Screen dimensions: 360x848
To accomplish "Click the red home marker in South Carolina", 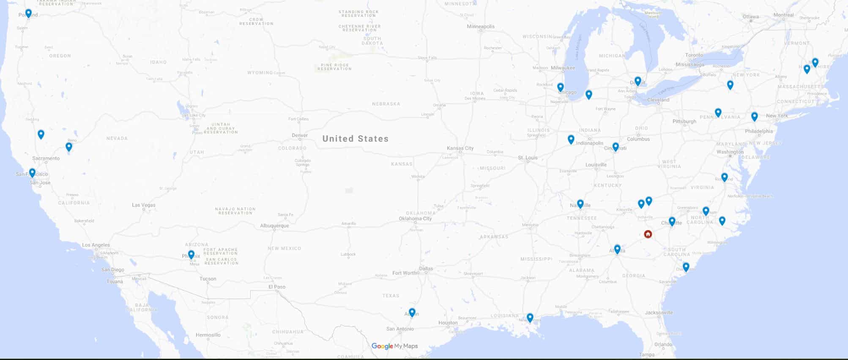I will (648, 234).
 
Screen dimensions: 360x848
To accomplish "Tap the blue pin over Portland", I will (28, 14).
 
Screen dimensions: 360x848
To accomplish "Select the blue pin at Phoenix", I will (191, 254).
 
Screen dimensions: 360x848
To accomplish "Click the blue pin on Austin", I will (412, 312).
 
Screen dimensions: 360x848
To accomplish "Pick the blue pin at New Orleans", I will (530, 317).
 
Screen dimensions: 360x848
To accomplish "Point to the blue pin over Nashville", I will (580, 204).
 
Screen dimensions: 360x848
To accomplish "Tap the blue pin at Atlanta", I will (617, 249).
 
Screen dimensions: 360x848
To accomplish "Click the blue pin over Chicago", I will (561, 87).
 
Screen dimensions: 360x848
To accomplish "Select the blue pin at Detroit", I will (638, 81).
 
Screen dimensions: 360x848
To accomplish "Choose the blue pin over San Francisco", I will (32, 172).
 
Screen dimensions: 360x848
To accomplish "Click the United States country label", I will (355, 139).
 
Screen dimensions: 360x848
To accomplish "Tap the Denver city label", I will (300, 136).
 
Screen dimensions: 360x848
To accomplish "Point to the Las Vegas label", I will (144, 205).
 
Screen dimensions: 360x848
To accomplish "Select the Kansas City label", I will (460, 148).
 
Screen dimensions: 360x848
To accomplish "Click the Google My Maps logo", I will (394, 346).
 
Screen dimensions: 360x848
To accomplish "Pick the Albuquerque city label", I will (274, 226).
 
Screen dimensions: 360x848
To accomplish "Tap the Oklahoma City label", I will (416, 218).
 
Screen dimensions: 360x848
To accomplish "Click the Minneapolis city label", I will (481, 27).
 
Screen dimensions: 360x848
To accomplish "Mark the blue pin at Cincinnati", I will (615, 147).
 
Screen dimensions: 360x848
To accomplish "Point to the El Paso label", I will (277, 287).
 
